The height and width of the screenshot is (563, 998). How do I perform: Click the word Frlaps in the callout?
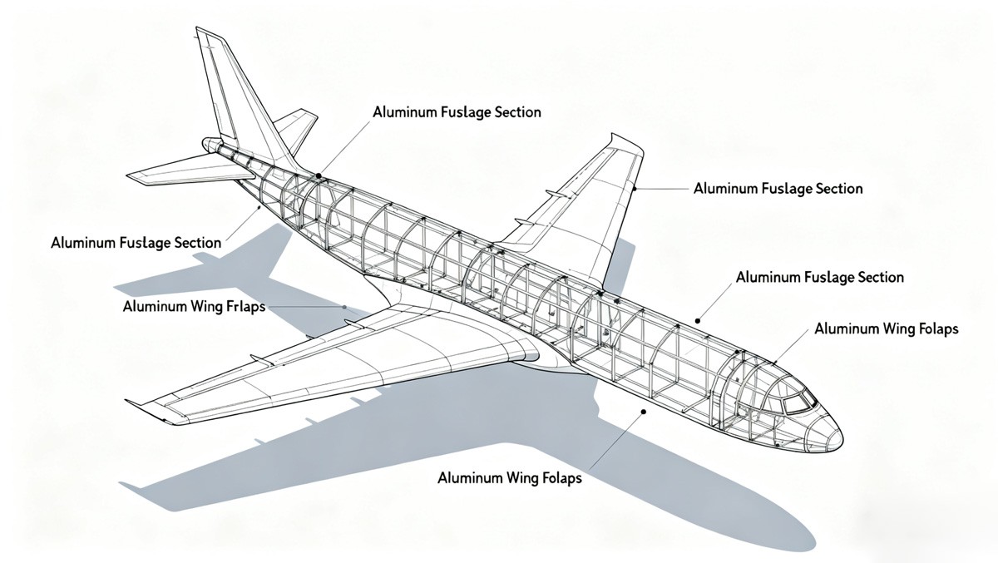coord(245,307)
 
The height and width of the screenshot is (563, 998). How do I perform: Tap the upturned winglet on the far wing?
coord(625,141)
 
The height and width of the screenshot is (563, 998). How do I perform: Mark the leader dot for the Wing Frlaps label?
coord(344,307)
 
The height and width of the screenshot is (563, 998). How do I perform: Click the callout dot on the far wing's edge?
coord(635,189)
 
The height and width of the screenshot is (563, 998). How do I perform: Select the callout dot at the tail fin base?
coord(319,175)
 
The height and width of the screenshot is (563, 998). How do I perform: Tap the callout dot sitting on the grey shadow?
coord(643,411)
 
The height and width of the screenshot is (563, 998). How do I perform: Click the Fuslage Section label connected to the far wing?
coord(778,189)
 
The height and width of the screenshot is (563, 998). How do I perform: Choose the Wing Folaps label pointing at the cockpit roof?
coord(886,328)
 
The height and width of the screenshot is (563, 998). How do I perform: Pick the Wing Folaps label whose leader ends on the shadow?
coord(509,478)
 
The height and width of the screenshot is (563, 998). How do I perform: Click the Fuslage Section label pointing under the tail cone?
coord(136,243)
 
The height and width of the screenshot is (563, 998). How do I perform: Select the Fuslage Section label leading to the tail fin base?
coord(457,111)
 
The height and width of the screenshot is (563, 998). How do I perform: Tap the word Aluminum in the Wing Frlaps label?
coord(155,307)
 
